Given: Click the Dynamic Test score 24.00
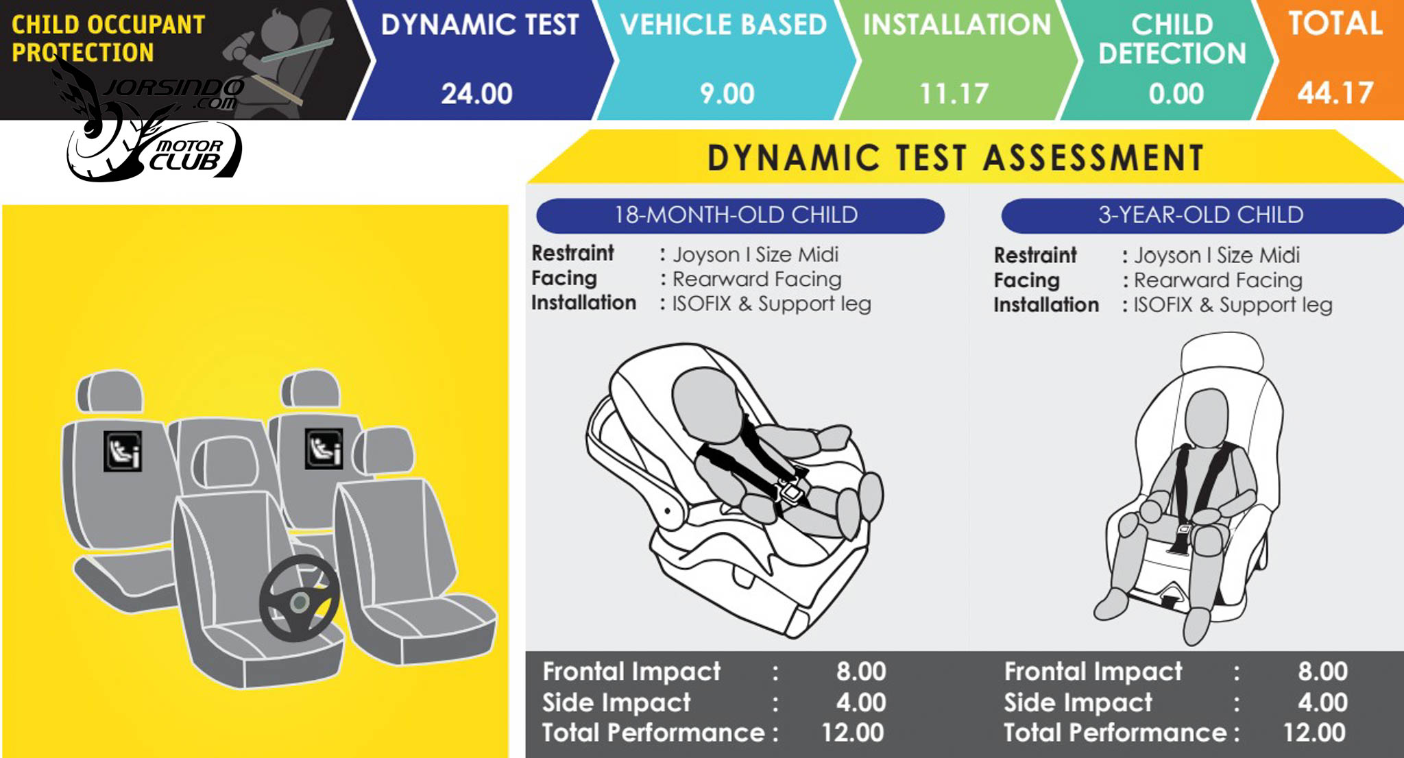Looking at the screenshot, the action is pyautogui.click(x=476, y=94).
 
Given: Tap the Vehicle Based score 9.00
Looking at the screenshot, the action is pyautogui.click(x=727, y=94).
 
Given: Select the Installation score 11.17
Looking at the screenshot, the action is pyautogui.click(x=954, y=94).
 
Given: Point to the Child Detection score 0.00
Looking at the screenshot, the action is pyautogui.click(x=1176, y=94).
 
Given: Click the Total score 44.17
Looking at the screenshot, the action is pyautogui.click(x=1335, y=93).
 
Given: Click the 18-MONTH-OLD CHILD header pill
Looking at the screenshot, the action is pyautogui.click(x=740, y=215).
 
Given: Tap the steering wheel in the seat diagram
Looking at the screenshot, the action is pyautogui.click(x=300, y=598).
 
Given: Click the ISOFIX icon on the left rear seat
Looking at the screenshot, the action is pyautogui.click(x=123, y=451).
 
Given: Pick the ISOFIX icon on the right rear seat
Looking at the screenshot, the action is pyautogui.click(x=324, y=449).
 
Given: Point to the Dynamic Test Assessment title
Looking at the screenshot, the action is pyautogui.click(x=956, y=158).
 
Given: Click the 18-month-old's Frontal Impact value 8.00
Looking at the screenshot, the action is pyautogui.click(x=861, y=671).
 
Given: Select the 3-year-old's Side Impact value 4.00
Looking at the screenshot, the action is pyautogui.click(x=1322, y=702).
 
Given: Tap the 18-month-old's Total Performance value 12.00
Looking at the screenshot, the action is pyautogui.click(x=853, y=733).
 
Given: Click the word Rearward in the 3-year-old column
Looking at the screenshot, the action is pyautogui.click(x=1176, y=280).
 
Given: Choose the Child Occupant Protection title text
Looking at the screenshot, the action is pyautogui.click(x=108, y=38).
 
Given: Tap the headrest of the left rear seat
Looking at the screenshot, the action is pyautogui.click(x=110, y=392).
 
